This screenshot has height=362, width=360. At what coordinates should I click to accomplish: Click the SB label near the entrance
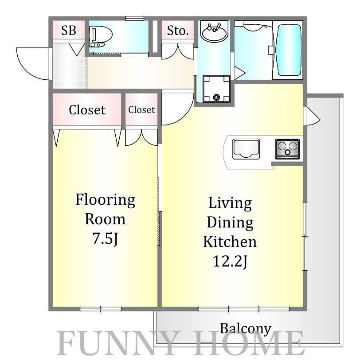click(69, 30)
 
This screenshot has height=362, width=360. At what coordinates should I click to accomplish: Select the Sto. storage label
click(177, 31)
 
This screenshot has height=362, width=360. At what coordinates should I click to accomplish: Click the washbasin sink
click(214, 32)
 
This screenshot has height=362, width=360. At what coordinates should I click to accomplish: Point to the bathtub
click(289, 50)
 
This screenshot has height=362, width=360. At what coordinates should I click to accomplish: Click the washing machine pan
click(216, 89)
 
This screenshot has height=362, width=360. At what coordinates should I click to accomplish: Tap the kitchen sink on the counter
click(246, 149)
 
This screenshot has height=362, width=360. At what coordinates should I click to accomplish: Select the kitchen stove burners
click(287, 149)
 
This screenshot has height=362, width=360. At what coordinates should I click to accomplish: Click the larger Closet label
click(87, 109)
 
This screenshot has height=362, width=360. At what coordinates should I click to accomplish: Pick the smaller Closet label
click(141, 109)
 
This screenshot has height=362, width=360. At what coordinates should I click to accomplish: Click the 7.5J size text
click(106, 238)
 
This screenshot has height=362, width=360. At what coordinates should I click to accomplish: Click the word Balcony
click(245, 329)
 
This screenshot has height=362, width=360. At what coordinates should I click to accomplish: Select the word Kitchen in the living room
click(230, 242)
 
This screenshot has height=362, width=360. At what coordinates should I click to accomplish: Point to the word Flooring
click(106, 200)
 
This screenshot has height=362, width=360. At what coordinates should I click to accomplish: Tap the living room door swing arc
click(184, 116)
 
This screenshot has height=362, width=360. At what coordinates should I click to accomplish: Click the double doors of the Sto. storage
click(177, 51)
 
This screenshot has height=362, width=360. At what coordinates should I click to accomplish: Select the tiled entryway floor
click(70, 66)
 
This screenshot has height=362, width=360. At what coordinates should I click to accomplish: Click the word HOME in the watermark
click(249, 343)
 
